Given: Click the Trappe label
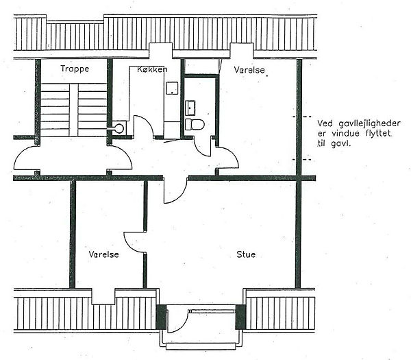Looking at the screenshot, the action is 75,69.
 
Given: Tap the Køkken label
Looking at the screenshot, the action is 152,69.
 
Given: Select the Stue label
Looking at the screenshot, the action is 246,254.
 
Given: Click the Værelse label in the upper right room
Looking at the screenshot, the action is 249,70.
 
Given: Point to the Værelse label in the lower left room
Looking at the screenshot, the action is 103,254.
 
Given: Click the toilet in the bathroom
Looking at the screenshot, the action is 195,124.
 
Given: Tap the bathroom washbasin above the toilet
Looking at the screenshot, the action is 190,108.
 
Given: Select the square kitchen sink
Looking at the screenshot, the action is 172,88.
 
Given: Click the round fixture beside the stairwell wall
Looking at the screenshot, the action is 119,128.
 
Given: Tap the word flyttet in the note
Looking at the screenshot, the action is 379,134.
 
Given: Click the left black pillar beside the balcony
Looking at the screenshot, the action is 161,317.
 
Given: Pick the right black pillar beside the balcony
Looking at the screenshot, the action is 240,317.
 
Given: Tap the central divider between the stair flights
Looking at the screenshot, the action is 74,110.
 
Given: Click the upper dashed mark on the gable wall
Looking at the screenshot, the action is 302,117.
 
